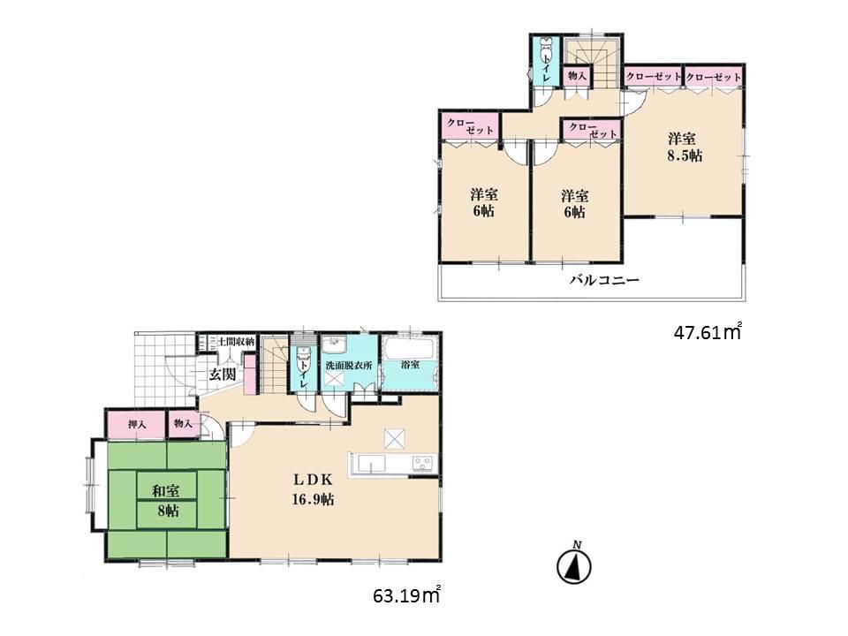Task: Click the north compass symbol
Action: tap(575, 564)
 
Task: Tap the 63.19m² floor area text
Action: tap(406, 597)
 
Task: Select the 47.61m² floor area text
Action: tap(707, 333)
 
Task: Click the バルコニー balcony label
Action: tap(603, 280)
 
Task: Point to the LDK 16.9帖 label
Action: tap(314, 489)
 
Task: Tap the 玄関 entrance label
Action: tap(222, 374)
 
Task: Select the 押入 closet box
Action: tap(137, 425)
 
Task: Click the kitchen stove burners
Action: tap(420, 464)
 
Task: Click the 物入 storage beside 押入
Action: tap(184, 425)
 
